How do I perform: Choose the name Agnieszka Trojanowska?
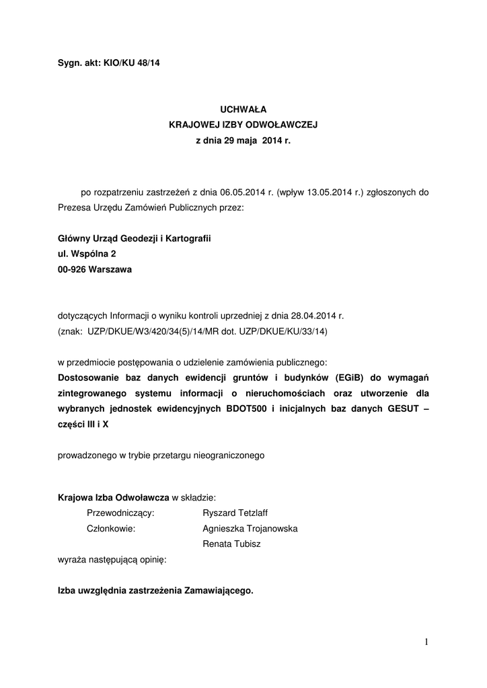tap(250, 529)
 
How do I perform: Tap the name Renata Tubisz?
tap(231, 544)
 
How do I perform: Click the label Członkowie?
tap(112, 529)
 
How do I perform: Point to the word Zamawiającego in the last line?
tap(213, 591)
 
